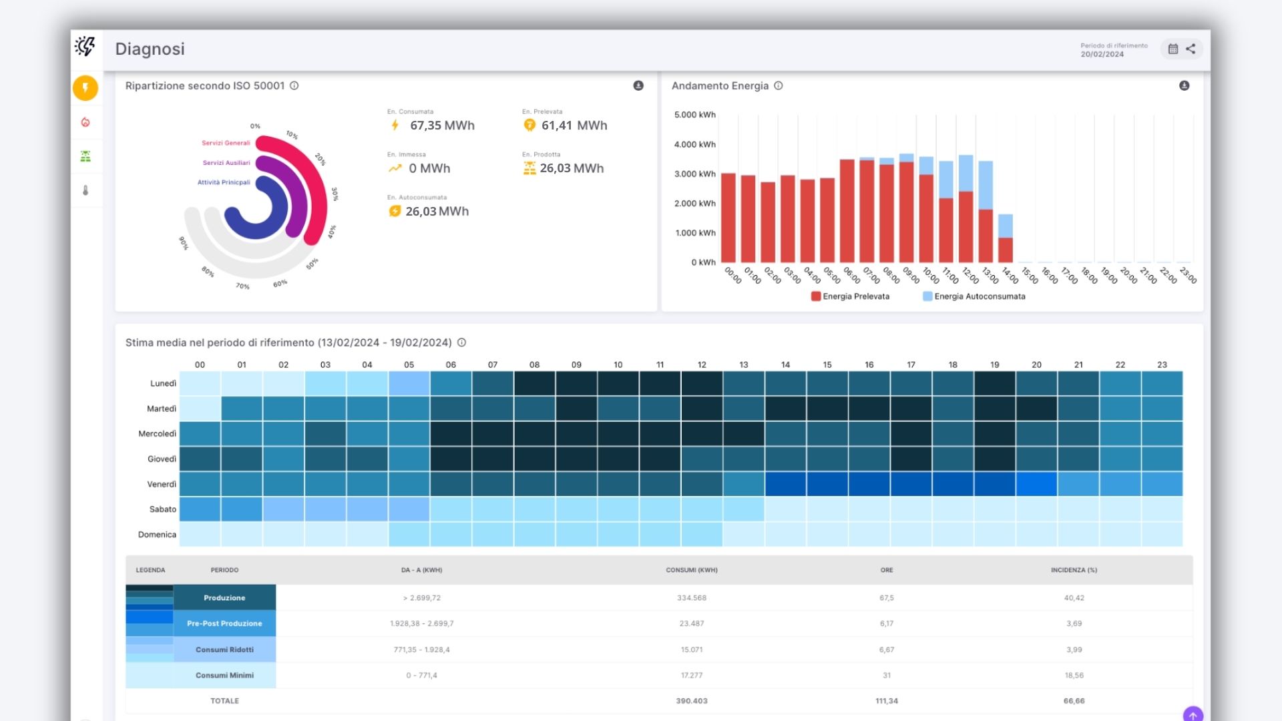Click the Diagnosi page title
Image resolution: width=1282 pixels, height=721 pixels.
tap(150, 49)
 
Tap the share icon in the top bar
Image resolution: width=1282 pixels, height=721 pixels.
tap(1191, 49)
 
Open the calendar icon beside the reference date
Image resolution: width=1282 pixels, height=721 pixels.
tap(1172, 49)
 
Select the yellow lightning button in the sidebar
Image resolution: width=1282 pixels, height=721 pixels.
tap(85, 87)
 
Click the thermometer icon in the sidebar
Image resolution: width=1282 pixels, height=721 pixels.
tap(85, 190)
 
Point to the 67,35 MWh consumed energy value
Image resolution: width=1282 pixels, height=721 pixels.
tap(441, 126)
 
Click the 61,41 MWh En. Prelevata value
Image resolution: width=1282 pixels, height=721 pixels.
tap(574, 126)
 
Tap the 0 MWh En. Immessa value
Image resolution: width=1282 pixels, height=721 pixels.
tap(429, 168)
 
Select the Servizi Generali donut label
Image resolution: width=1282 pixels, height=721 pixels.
tap(226, 143)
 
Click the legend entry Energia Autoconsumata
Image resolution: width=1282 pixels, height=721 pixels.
tap(979, 296)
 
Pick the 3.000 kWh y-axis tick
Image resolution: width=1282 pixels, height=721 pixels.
tap(694, 174)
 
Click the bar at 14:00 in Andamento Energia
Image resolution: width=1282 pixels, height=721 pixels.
tap(1005, 238)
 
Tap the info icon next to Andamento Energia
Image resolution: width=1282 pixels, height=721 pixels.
tap(778, 85)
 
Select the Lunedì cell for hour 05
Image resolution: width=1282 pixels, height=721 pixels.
tap(409, 383)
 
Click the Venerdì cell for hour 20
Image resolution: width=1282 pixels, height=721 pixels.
tap(1036, 484)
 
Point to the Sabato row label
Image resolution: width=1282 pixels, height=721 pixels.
tap(162, 509)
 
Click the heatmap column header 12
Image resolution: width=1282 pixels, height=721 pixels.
tap(702, 365)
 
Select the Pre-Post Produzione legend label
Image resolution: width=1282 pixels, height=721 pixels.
tap(224, 624)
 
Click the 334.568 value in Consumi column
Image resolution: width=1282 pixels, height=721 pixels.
tap(691, 598)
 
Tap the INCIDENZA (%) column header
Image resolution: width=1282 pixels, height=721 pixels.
tap(1074, 570)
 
